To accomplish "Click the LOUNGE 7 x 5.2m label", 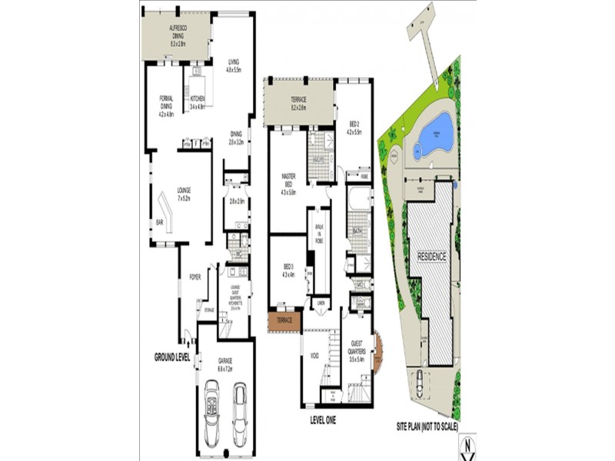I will (x=184, y=194).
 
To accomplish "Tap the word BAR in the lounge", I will (x=160, y=224).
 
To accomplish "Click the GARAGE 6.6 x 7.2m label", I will (x=224, y=363).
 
